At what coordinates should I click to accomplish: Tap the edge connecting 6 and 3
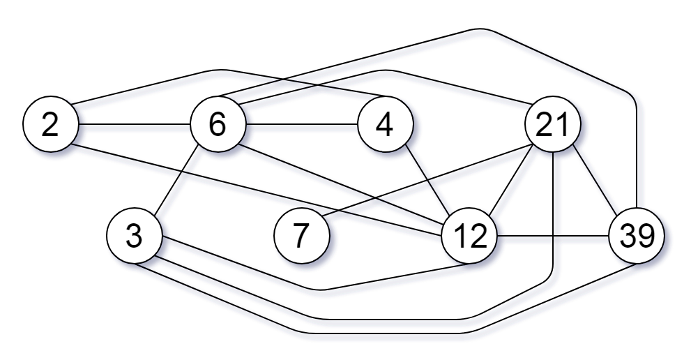[176, 181]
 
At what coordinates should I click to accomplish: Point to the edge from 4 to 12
[427, 181]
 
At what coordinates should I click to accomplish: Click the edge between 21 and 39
[594, 181]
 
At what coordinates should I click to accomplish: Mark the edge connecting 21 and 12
[510, 181]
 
